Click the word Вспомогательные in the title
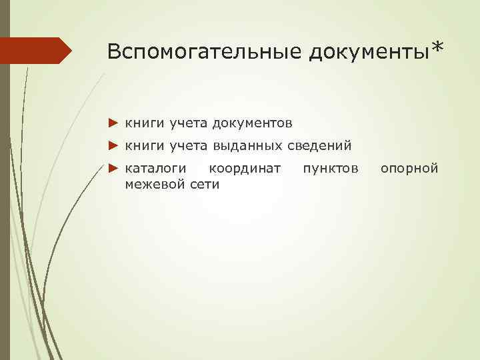[x=204, y=51]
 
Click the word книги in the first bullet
[x=144, y=123]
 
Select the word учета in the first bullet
[x=188, y=123]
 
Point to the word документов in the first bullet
[x=253, y=123]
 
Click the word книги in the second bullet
[x=144, y=145]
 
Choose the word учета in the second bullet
[x=188, y=145]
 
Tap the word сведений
[x=319, y=145]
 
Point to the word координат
[x=245, y=168]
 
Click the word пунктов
[x=330, y=168]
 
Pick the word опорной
[x=409, y=168]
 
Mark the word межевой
[x=156, y=184]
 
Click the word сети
[x=205, y=184]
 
